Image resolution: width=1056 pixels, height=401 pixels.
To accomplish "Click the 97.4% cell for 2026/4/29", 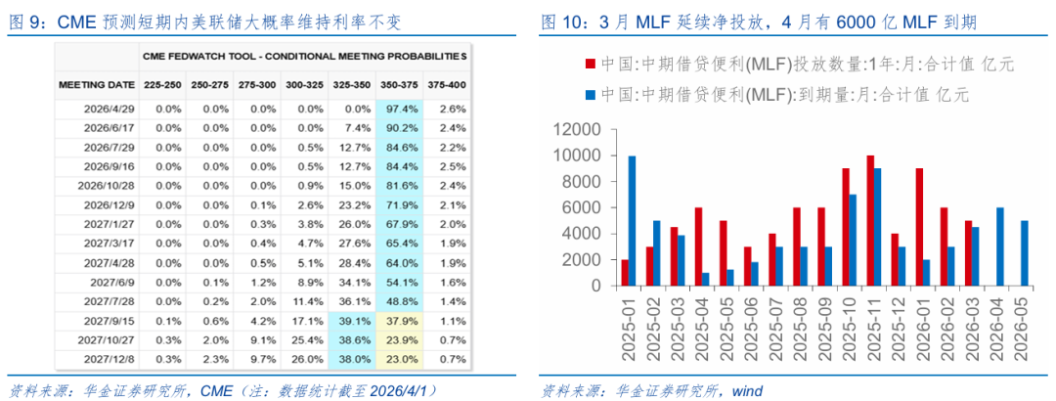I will [x=396, y=109].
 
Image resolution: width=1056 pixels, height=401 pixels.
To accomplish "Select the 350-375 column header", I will [x=396, y=85].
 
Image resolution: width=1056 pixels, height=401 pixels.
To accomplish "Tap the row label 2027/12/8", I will [x=109, y=359].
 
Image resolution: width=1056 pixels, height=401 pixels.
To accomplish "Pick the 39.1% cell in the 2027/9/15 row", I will [x=348, y=320].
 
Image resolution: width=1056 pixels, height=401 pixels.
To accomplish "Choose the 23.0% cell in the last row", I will [x=396, y=359].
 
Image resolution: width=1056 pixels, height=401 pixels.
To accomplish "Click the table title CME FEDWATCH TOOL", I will [x=304, y=56].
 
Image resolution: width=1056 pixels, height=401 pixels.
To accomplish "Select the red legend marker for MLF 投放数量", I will [x=590, y=65].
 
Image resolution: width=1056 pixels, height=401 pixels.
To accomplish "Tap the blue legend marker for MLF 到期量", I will [x=590, y=94].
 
